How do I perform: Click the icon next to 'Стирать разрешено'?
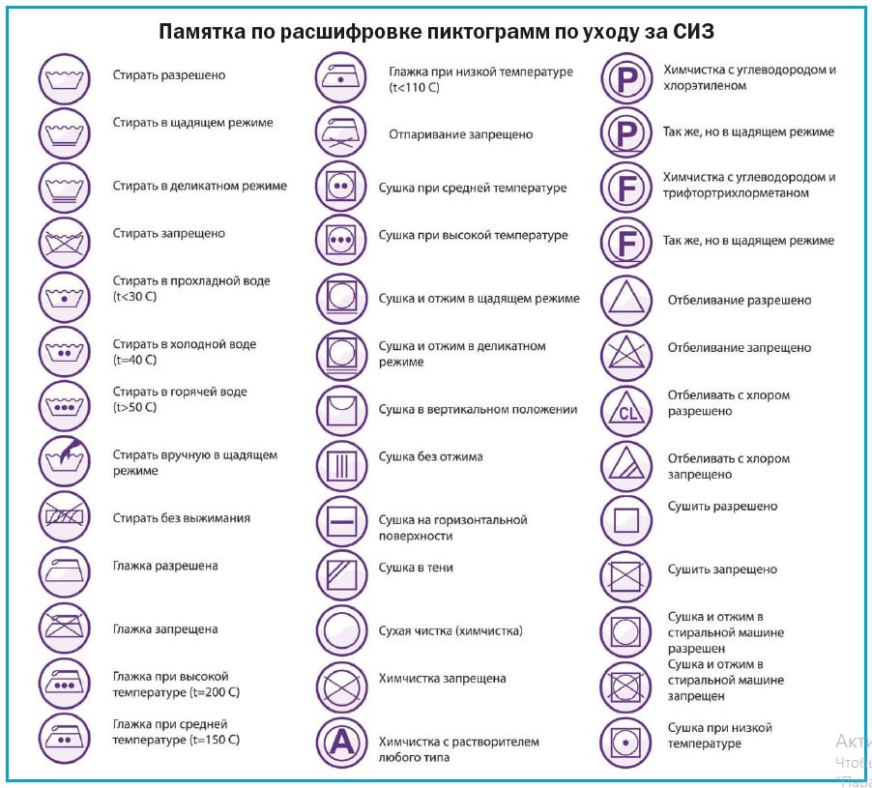pos(65,77)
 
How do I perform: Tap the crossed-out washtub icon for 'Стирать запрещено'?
pos(65,242)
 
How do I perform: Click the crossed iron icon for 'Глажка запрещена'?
pos(65,628)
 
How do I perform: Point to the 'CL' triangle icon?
pos(626,410)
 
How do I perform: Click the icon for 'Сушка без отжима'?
pos(341,464)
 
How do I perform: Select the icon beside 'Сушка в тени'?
pos(341,574)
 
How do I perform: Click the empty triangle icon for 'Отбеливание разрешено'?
pos(626,301)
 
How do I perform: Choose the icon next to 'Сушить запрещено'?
pos(626,577)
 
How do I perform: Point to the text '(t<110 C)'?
pos(414,88)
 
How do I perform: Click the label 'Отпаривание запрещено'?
pos(460,134)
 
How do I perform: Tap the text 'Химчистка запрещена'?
pos(442,679)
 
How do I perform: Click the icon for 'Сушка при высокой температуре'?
pos(341,238)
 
